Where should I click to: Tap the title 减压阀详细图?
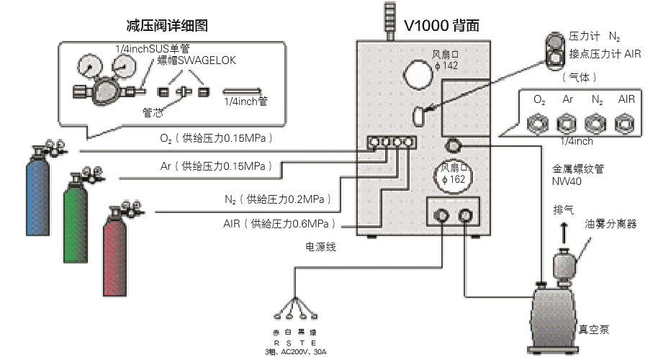click(166, 26)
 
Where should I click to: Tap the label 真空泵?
click(594, 330)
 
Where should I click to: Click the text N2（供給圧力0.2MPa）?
click(281, 199)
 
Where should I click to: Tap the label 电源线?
click(320, 247)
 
